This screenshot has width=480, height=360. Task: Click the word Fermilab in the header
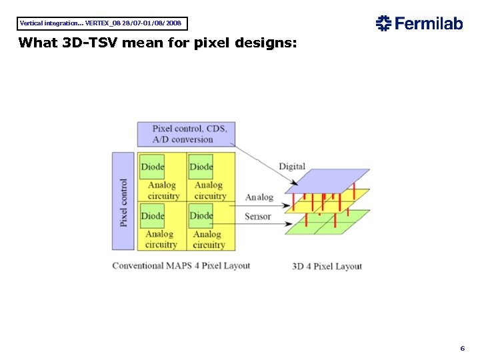click(x=429, y=24)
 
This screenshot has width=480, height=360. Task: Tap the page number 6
click(x=462, y=349)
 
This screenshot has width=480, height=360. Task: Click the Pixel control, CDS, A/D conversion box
click(x=186, y=134)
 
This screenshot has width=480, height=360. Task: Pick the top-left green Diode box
click(x=153, y=167)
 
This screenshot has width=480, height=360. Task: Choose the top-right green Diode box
click(x=201, y=167)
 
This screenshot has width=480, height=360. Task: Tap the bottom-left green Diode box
click(x=153, y=215)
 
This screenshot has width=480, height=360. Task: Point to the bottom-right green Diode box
click(x=201, y=215)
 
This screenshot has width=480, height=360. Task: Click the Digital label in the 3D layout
click(x=292, y=167)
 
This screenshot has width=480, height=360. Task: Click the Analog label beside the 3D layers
click(x=259, y=197)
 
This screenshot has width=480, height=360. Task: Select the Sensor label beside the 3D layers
click(x=258, y=216)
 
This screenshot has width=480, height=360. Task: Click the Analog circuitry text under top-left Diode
click(x=163, y=191)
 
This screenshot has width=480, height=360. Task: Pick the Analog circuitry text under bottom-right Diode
click(x=208, y=239)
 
